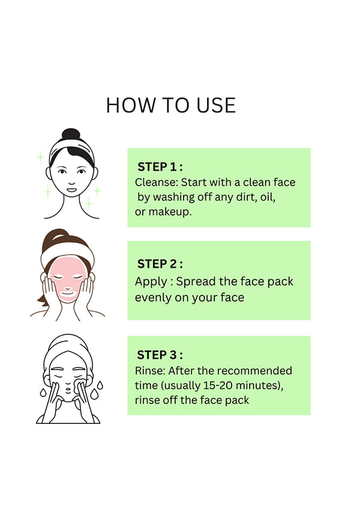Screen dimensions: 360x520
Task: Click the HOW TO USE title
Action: (171, 106)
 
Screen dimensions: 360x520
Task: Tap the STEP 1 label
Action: (160, 167)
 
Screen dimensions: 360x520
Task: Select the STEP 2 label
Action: (160, 264)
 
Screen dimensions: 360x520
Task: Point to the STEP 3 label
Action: (160, 355)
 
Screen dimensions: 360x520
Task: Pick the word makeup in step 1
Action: (170, 212)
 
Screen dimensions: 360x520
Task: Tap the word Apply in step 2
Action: (151, 282)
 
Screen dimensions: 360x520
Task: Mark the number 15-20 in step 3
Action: (218, 385)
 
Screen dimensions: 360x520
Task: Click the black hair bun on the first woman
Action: (71, 134)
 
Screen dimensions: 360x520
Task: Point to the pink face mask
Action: (68, 277)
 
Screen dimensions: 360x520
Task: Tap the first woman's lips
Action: (71, 190)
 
